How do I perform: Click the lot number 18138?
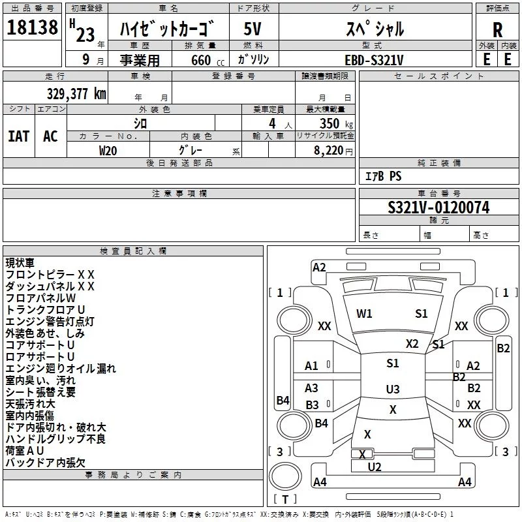click(32, 27)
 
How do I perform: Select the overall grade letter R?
click(497, 30)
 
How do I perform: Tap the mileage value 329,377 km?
click(76, 93)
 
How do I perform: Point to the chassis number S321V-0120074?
click(438, 207)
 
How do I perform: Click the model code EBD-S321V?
click(374, 60)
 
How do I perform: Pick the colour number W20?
click(108, 151)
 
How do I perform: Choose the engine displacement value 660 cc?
click(207, 60)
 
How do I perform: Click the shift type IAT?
click(19, 136)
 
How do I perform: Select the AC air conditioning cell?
click(51, 136)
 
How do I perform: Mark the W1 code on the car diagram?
click(364, 314)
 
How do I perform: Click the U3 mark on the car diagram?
click(393, 389)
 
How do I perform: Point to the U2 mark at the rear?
click(375, 467)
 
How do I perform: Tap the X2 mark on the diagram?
click(412, 344)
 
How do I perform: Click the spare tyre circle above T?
click(285, 476)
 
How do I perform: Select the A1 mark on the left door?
click(311, 366)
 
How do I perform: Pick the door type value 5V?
click(253, 29)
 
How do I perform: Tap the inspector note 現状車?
click(20, 263)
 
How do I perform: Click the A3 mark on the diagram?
click(311, 388)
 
